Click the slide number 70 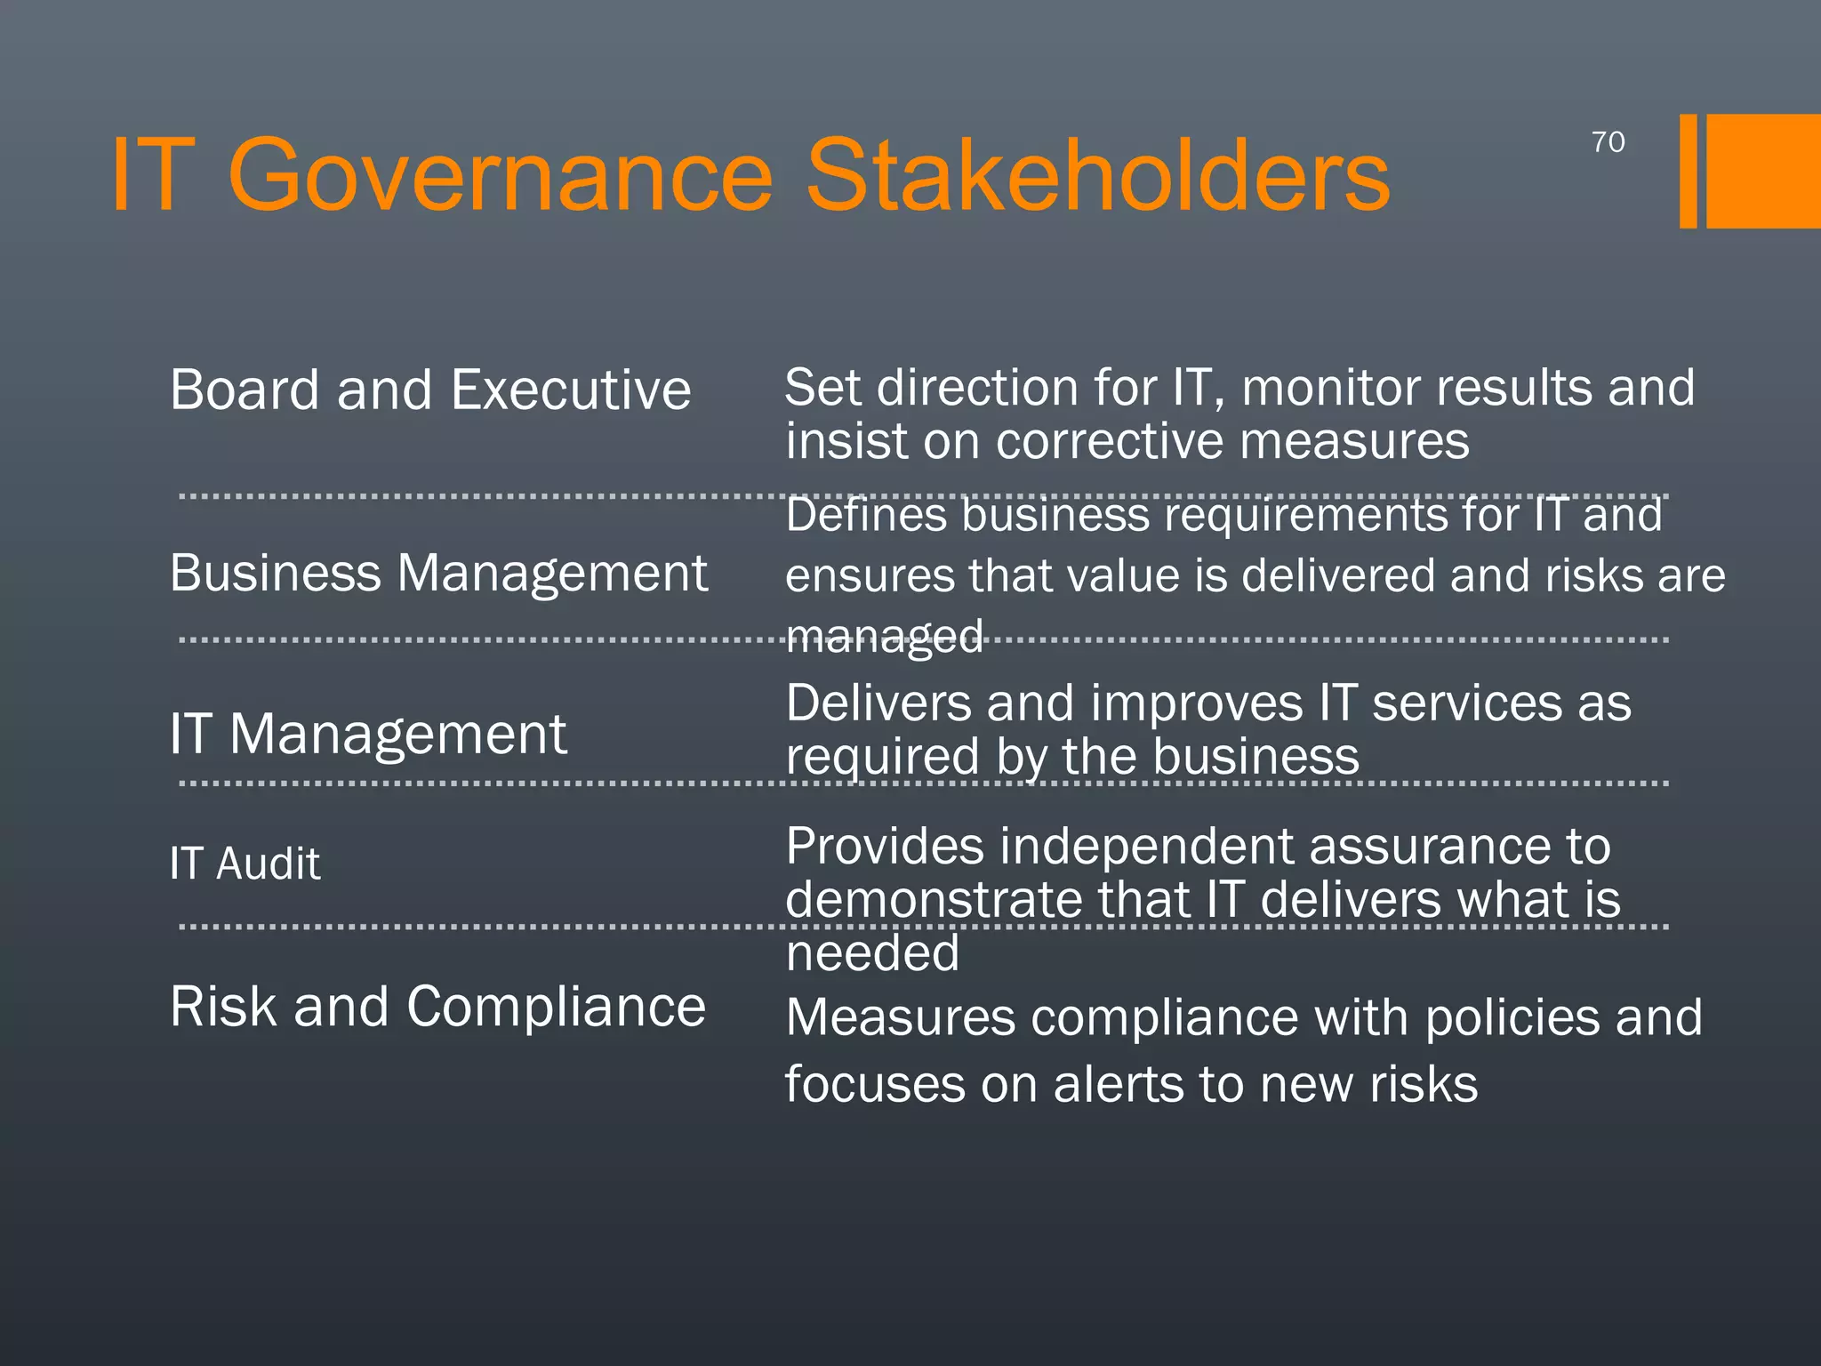point(1608,142)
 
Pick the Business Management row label point(438,573)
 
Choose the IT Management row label point(368,735)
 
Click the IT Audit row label point(245,864)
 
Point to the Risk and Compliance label point(437,1007)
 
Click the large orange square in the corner point(1763,171)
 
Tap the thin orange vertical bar point(1688,171)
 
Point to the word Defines point(866,515)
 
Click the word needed point(872,953)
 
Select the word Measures point(901,1017)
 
